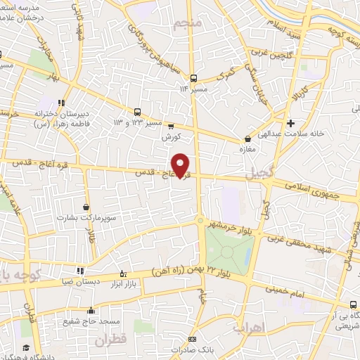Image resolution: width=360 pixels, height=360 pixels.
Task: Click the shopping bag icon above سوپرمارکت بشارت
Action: pyautogui.click(x=86, y=207)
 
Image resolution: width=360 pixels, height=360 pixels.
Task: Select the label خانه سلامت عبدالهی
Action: pyautogui.click(x=288, y=128)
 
